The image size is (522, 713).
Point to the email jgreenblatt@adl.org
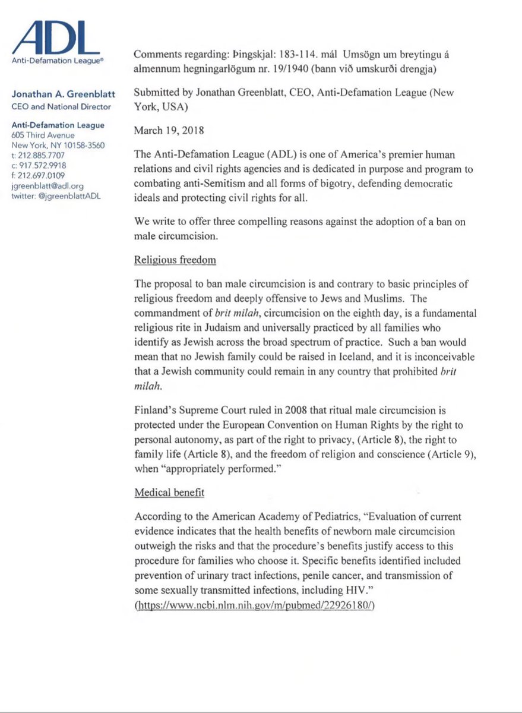coord(48,185)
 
